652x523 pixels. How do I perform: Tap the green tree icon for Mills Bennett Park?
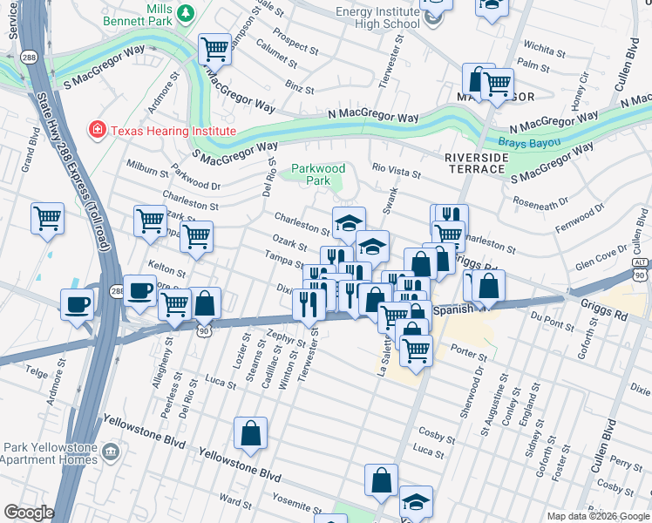tap(186, 12)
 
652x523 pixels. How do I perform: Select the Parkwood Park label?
tap(318, 174)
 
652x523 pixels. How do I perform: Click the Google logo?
tap(29, 513)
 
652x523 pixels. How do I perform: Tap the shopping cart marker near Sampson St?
tap(215, 48)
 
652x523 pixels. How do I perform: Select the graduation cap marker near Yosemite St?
tap(416, 501)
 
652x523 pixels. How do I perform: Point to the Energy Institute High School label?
tap(377, 17)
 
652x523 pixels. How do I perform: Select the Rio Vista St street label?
tap(397, 174)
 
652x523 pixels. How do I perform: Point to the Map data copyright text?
tap(598, 516)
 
